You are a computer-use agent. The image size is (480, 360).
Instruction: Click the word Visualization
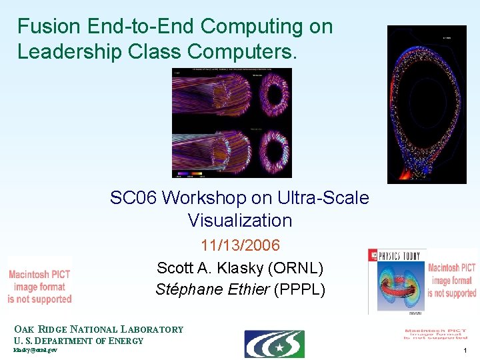[240, 221]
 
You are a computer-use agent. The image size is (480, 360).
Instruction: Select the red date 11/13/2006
[240, 245]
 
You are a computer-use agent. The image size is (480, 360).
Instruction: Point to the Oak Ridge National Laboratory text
[99, 329]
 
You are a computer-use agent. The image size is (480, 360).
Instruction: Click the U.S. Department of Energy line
[79, 341]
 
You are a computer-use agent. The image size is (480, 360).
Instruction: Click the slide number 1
[465, 350]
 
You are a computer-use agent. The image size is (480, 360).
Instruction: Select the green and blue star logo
[274, 344]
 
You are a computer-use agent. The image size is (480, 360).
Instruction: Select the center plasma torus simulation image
[231, 123]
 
